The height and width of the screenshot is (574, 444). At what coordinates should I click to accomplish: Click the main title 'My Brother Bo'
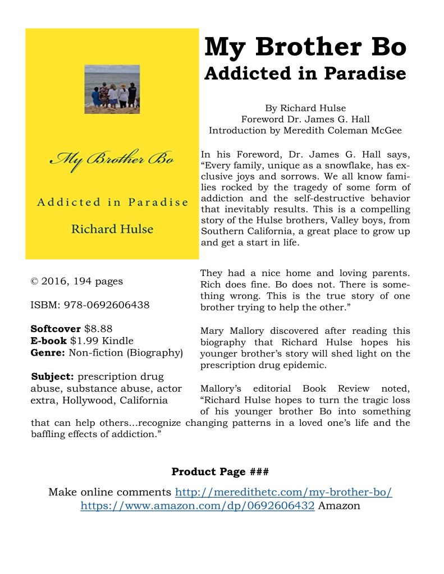click(x=305, y=47)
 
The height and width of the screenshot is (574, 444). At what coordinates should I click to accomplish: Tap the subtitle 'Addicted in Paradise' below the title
click(x=305, y=74)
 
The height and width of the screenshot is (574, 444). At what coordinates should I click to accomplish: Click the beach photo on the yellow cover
click(x=112, y=89)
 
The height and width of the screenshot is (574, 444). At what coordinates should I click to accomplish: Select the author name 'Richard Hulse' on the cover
click(x=112, y=228)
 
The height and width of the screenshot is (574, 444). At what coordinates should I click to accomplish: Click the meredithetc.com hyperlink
click(x=283, y=492)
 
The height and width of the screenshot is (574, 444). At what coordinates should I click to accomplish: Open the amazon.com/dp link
click(x=197, y=506)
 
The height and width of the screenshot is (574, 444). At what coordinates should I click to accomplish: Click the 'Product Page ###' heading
click(x=220, y=471)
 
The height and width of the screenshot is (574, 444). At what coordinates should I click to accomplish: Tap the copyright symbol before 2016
click(x=34, y=281)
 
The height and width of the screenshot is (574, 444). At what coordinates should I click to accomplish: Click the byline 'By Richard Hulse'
click(x=305, y=108)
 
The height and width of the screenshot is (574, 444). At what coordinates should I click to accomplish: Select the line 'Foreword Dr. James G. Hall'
click(x=305, y=119)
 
